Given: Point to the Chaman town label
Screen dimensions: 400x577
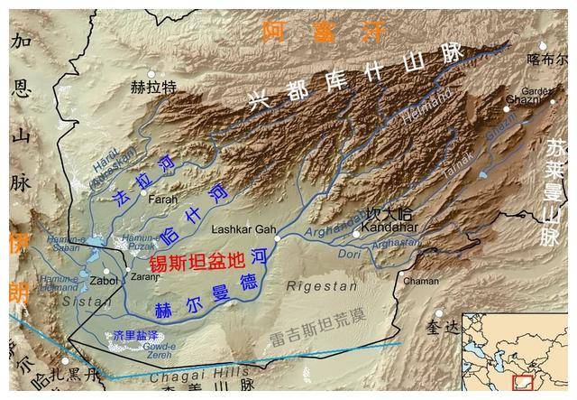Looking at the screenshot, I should [421, 281].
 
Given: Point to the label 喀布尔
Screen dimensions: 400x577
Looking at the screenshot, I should [547, 60].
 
